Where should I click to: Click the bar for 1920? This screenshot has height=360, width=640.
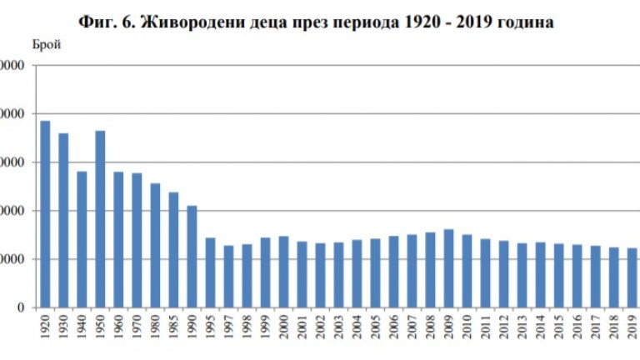tap(45, 214)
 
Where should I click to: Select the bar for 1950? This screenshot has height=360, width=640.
tap(100, 219)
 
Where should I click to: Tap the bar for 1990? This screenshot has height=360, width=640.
tap(192, 257)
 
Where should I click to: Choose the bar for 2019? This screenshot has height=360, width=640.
tap(632, 277)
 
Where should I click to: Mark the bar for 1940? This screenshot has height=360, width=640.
tap(82, 239)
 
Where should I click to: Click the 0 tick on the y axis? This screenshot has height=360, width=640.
tap(27, 307)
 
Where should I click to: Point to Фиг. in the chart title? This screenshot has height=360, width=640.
tap(95, 20)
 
